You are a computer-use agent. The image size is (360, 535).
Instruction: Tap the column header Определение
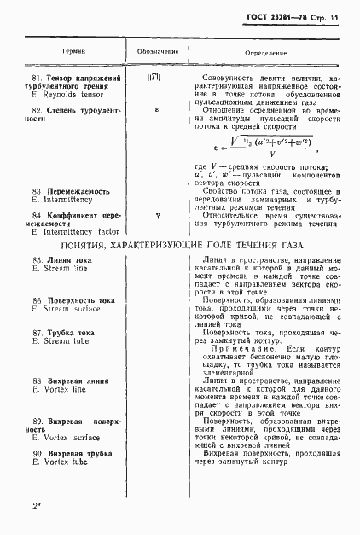click(264, 51)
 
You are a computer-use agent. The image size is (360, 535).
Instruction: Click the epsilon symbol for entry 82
click(156, 110)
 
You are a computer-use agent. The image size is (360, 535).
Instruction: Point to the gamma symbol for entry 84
click(157, 216)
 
